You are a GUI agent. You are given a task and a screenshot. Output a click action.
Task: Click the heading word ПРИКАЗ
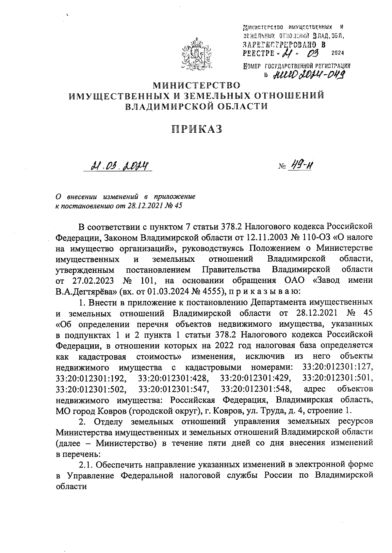point(197,129)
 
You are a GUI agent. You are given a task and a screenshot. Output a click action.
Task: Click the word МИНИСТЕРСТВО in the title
point(197,85)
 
